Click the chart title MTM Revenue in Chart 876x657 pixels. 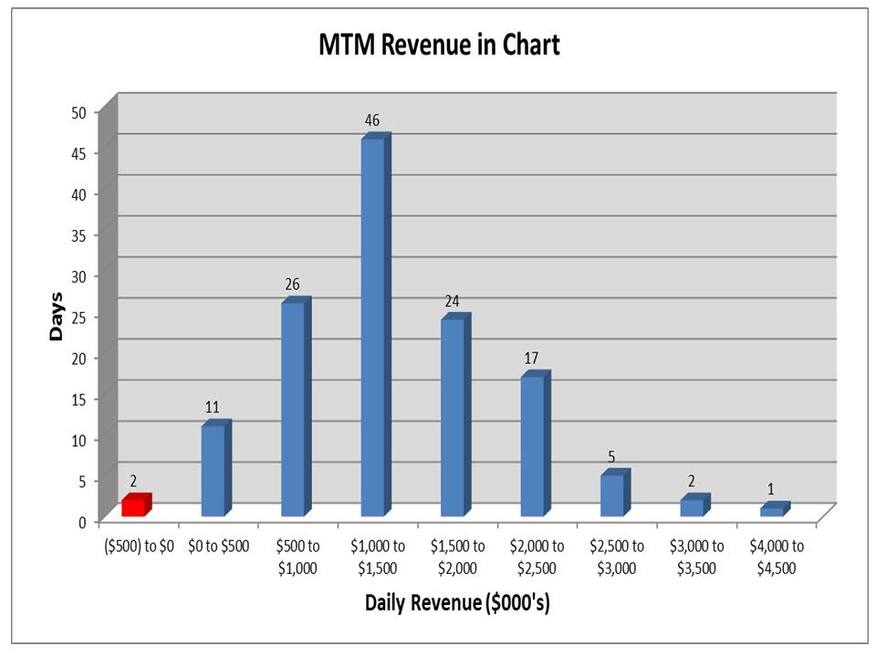(438, 46)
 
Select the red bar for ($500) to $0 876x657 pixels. (134, 506)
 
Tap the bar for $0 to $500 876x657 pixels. (214, 470)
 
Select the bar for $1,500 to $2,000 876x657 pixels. (453, 417)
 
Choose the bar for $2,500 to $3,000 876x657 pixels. (612, 495)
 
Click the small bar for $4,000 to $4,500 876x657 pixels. (772, 511)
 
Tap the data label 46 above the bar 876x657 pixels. (371, 120)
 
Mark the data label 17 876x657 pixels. (531, 358)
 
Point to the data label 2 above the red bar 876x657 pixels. (132, 480)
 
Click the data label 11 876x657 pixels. (213, 407)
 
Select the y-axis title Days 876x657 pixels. (57, 317)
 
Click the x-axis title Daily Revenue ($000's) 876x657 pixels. (457, 603)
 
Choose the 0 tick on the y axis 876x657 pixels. (83, 521)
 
